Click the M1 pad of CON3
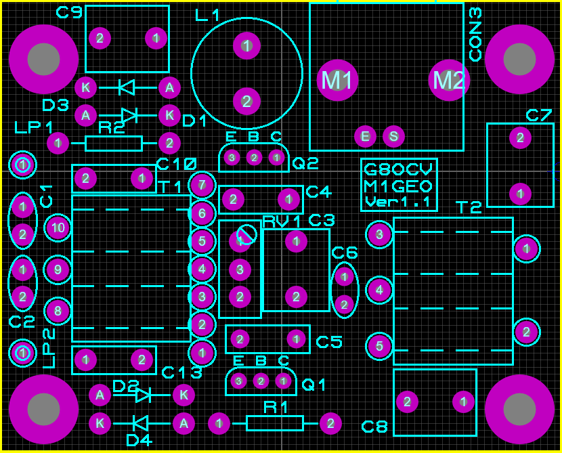coord(337,80)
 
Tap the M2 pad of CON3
coord(449,80)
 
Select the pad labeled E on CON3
coord(366,137)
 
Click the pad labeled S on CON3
coord(393,137)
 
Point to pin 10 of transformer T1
coord(58,228)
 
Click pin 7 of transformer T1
coord(202,184)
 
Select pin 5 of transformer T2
coord(379,347)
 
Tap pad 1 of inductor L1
coord(246,46)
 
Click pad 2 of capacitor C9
coord(100,38)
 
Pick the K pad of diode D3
coord(85,87)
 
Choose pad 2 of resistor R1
coord(330,423)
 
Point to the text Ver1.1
coord(398,202)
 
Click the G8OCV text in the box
coord(398,169)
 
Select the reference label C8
coord(374,427)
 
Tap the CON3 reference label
coord(475,34)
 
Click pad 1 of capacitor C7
coord(520,194)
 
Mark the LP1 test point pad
coord(23,165)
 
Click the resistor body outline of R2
coord(114,143)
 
